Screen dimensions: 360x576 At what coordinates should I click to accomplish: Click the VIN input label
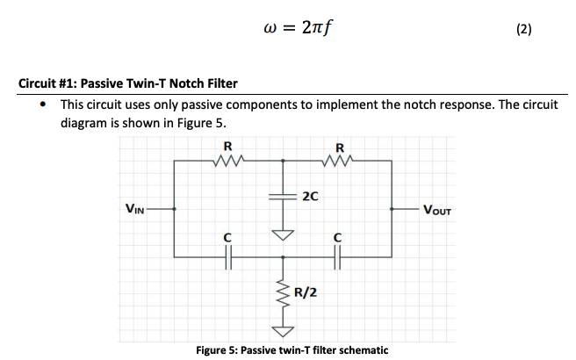tap(134, 209)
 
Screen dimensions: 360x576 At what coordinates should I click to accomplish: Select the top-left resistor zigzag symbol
tap(228, 161)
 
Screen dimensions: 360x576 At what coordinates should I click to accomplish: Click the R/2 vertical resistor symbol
tap(283, 294)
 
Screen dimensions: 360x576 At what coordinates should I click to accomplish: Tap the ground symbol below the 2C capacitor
tap(283, 234)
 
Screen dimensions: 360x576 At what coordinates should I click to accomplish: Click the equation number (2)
tap(524, 28)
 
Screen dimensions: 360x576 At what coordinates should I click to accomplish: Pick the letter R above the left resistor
tap(228, 146)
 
